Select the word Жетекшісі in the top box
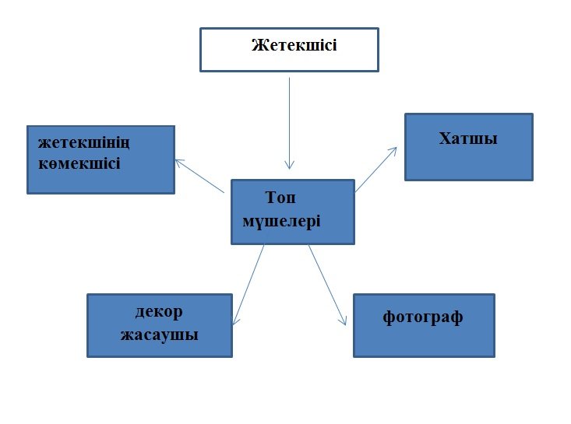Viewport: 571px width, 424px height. click(x=294, y=45)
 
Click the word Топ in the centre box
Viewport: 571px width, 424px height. click(x=280, y=198)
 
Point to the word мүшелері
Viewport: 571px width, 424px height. click(x=281, y=220)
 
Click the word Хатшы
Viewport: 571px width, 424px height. click(x=468, y=139)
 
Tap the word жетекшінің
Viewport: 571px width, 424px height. click(x=83, y=143)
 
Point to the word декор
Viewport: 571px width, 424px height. click(x=158, y=312)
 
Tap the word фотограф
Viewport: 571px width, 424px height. click(x=423, y=317)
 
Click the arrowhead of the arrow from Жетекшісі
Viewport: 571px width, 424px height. click(x=289, y=165)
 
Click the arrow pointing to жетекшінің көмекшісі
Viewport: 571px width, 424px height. click(x=200, y=177)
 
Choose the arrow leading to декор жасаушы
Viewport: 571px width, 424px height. click(x=249, y=284)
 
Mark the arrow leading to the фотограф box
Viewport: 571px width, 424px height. click(x=327, y=284)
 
